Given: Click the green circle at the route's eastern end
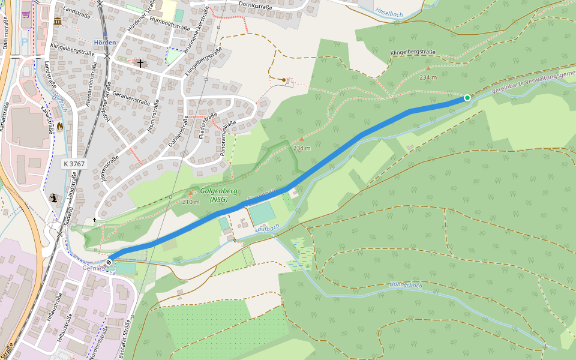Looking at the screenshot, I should pos(467,98).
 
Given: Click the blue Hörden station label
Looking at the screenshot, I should pos(105,43).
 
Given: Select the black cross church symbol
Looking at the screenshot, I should pos(140,63).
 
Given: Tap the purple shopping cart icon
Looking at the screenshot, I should pos(26,14).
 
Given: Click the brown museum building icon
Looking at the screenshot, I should pos(58,22).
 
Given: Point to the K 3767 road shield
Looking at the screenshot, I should pos(75,163).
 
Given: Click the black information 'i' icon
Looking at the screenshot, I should pos(53,198).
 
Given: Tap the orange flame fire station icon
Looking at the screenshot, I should pos(59,127).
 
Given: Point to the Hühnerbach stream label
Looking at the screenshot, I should pos(406,285).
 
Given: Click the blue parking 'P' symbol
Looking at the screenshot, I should pos(25,41).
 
